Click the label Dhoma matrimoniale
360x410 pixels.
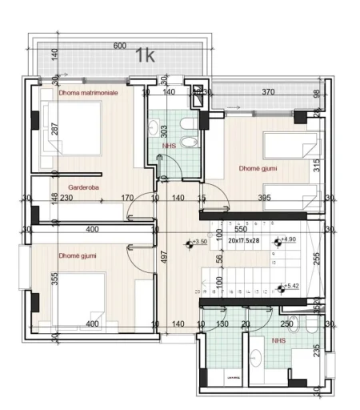click(88, 93)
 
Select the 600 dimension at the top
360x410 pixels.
click(120, 46)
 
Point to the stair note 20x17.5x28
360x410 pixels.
click(244, 239)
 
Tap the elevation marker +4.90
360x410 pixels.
click(286, 239)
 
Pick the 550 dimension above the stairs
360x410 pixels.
click(241, 229)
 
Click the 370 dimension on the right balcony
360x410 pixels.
click(268, 93)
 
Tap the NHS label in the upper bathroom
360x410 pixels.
click(169, 147)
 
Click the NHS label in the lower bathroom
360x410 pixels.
click(279, 340)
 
